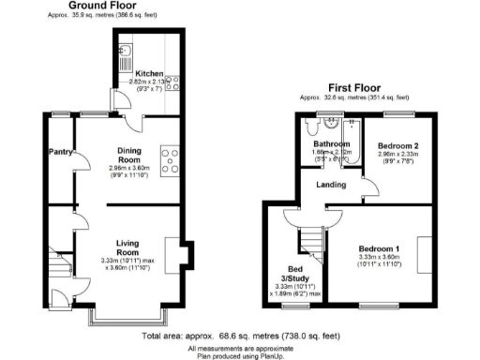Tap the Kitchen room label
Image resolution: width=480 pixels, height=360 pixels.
149,74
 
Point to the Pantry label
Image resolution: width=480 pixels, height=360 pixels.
61,150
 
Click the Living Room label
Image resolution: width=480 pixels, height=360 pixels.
127,247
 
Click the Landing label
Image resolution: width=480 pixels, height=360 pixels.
332,185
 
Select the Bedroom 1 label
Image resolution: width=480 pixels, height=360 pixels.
380,248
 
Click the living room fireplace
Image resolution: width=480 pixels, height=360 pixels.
184,253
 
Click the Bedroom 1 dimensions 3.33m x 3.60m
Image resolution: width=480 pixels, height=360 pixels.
380,259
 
